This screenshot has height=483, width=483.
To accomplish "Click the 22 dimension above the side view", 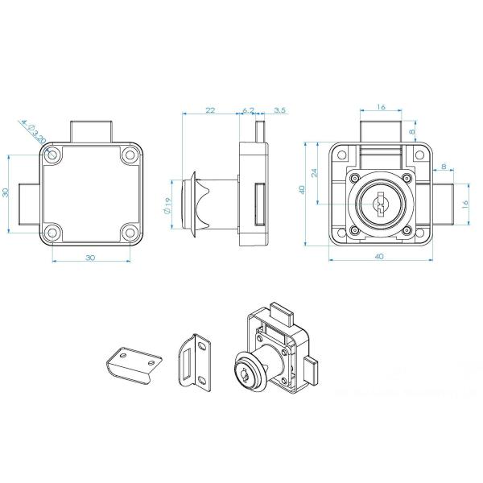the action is click(x=210, y=110).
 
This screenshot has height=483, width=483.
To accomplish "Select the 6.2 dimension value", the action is click(x=248, y=110).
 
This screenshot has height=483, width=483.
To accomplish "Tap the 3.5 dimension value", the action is click(x=279, y=110).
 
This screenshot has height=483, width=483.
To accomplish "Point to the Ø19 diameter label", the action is click(x=167, y=206).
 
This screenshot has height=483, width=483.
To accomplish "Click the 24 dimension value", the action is click(x=314, y=173).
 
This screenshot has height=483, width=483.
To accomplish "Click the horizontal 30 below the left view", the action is click(x=90, y=258).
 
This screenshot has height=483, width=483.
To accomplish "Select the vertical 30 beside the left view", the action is click(x=6, y=192).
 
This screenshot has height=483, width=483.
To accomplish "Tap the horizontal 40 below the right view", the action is click(x=380, y=256).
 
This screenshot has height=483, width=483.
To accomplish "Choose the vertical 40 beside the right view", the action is click(x=302, y=190).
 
